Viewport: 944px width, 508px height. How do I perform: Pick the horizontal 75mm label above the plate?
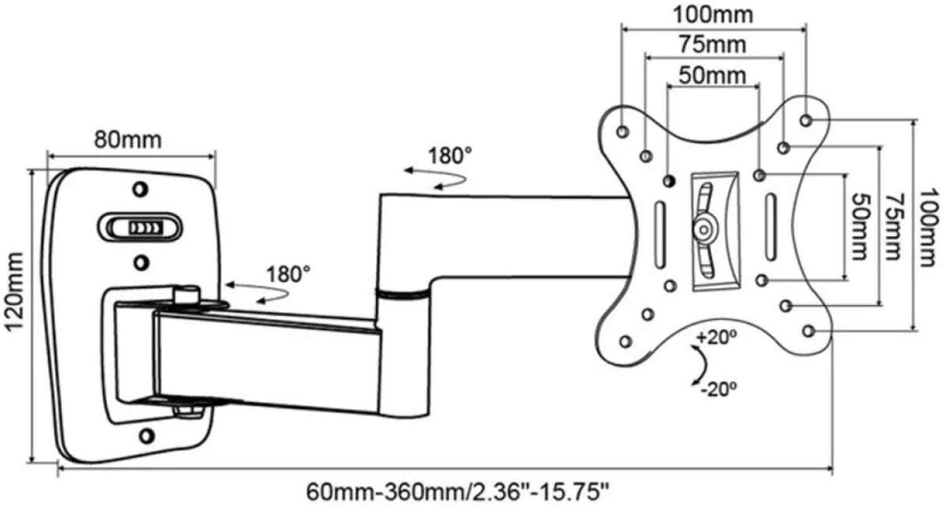pos(714,44)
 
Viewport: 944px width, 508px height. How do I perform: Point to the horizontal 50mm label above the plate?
pos(712,75)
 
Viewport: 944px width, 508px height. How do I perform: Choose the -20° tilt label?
pos(719,389)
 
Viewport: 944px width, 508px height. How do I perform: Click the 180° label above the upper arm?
pos(449,154)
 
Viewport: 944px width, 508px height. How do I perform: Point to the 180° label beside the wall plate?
pos(287,273)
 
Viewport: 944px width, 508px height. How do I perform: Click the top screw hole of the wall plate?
pos(139,189)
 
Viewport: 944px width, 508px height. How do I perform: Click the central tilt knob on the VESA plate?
pos(704,226)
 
